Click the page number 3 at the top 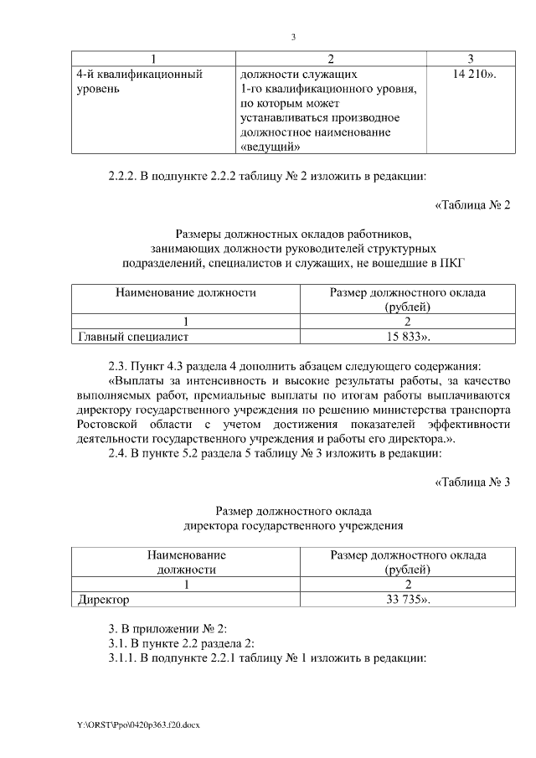pyautogui.click(x=293, y=37)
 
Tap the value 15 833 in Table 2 pyautogui.click(x=405, y=337)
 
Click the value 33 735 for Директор pyautogui.click(x=405, y=600)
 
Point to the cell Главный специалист pyautogui.click(x=133, y=337)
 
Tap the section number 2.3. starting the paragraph pyautogui.click(x=121, y=367)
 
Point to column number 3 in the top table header pyautogui.click(x=470, y=59)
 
